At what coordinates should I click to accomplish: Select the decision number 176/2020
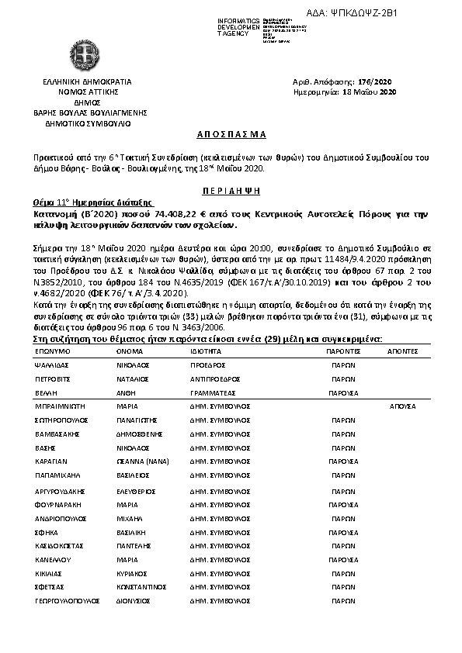pos(378,81)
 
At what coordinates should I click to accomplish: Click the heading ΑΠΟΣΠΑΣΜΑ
pos(231,134)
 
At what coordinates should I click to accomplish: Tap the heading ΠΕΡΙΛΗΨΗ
pos(231,189)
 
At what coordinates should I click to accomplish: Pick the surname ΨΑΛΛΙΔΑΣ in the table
pos(54,365)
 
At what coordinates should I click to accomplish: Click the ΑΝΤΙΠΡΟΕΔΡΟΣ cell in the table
pos(217,381)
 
